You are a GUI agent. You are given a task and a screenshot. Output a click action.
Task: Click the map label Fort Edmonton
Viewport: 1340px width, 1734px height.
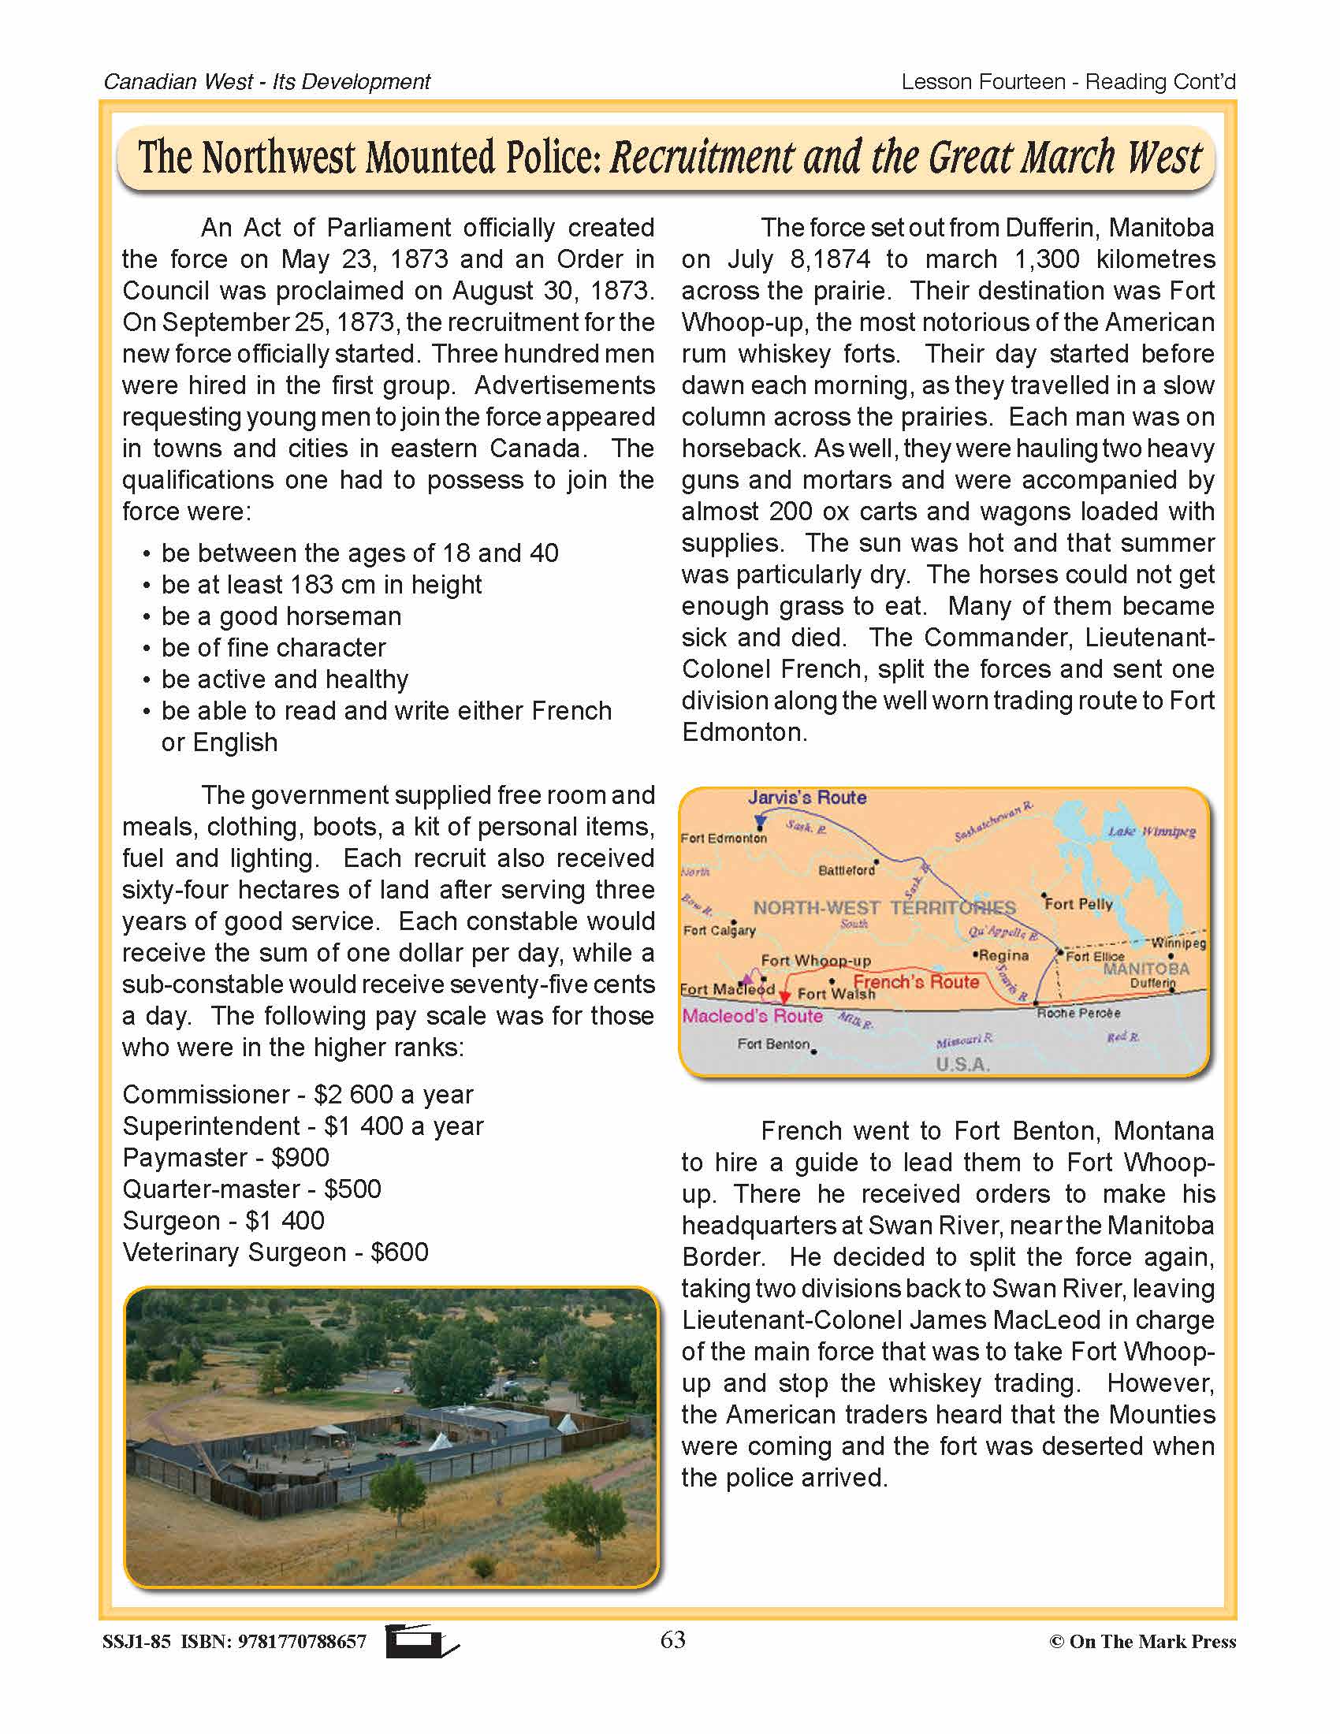click(x=723, y=838)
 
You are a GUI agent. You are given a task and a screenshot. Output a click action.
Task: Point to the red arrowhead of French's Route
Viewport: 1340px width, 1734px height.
click(x=784, y=998)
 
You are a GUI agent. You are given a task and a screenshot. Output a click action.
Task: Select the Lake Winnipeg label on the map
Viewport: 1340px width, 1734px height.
click(x=1151, y=832)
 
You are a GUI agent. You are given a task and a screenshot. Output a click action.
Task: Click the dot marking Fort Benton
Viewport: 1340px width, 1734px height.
click(x=813, y=1051)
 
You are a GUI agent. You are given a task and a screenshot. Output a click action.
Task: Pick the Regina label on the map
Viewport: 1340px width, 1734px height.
click(x=1003, y=955)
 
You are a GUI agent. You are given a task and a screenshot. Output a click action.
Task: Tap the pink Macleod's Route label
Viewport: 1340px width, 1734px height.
click(x=752, y=1015)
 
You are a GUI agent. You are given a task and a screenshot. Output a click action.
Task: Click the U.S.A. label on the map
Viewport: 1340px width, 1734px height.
click(x=962, y=1064)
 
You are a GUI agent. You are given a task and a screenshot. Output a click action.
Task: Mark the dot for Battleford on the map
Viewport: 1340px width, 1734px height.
click(x=877, y=861)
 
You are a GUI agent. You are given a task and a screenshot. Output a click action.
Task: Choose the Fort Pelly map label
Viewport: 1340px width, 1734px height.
click(x=1079, y=903)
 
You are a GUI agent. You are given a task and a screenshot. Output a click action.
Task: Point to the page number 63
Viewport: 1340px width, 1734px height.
click(x=672, y=1639)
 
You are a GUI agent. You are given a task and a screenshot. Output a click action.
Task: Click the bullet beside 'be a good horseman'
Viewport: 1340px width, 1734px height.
click(x=147, y=617)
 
